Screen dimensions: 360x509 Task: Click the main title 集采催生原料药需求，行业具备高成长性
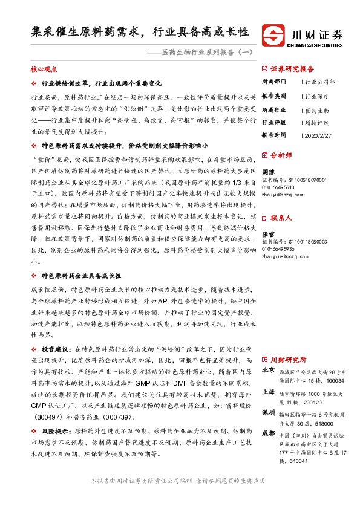click(140, 32)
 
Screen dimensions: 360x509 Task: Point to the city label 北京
click(268, 371)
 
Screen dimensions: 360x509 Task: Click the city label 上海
click(268, 392)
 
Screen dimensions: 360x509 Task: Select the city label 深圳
click(268, 413)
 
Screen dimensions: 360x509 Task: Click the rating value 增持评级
click(317, 122)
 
